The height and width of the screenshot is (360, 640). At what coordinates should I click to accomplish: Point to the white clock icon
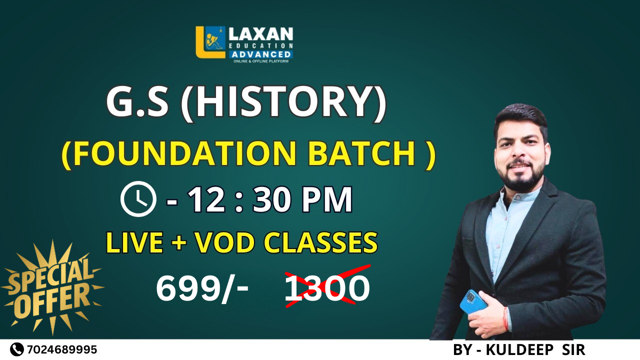tap(138, 199)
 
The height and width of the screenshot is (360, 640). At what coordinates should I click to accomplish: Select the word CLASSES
tap(320, 243)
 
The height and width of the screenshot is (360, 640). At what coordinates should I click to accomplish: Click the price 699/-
tap(202, 289)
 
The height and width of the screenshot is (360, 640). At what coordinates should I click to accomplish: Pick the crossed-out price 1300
tap(327, 289)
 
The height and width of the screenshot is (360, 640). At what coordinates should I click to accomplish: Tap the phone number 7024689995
tap(62, 349)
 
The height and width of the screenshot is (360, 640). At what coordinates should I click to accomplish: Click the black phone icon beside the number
tap(17, 349)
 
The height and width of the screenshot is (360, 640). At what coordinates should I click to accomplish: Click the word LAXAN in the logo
tap(260, 34)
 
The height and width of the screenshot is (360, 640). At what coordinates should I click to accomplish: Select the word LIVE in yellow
tap(134, 243)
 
